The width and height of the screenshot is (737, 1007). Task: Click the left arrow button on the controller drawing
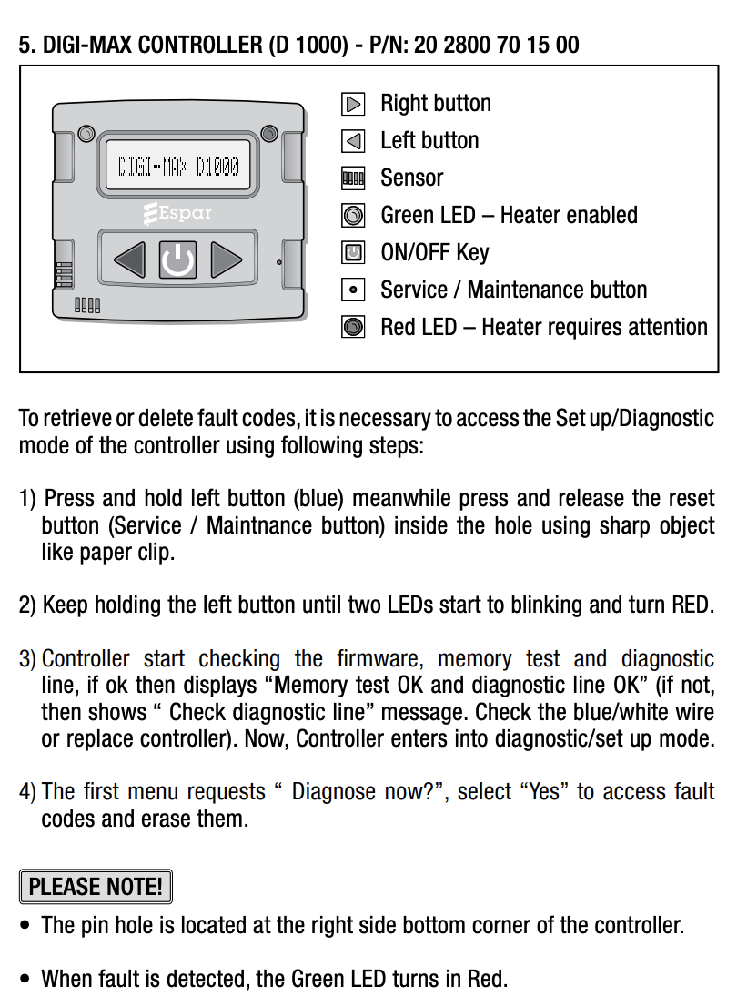[129, 260]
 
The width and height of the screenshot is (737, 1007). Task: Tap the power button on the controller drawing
[177, 260]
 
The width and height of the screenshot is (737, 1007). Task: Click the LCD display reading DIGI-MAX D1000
[178, 166]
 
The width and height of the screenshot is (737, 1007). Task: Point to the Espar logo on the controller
[178, 214]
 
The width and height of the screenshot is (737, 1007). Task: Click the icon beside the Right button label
[353, 104]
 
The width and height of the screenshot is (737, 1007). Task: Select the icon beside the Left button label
[353, 141]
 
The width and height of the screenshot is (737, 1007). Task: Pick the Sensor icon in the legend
[353, 178]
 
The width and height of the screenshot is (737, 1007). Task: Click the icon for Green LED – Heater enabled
[353, 216]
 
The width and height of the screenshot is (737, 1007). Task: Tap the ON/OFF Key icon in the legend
[353, 252]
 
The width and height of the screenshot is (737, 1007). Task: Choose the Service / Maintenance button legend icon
[353, 290]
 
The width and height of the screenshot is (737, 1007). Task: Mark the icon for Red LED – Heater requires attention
[353, 327]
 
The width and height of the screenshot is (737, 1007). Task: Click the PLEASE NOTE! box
[96, 886]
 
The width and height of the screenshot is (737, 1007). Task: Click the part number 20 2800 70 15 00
[496, 45]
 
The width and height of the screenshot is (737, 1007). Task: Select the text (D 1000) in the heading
[308, 45]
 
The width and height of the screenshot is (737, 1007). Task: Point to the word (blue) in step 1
[318, 499]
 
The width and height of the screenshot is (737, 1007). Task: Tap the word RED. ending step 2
[692, 605]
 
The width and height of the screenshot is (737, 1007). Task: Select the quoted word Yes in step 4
[544, 791]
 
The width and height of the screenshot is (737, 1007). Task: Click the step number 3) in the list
[28, 658]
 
